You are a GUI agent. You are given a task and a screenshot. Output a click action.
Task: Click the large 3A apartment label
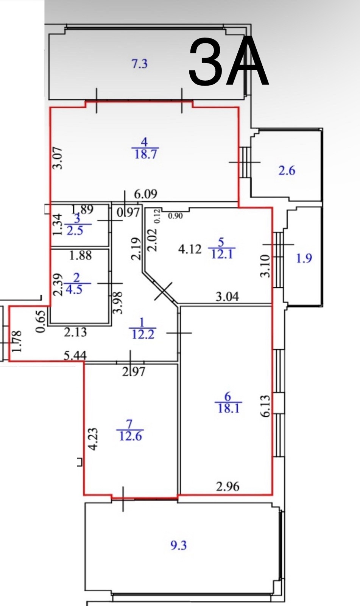(229, 62)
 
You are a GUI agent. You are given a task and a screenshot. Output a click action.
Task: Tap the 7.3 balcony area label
(139, 64)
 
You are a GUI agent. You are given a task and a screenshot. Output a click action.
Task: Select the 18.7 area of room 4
(145, 155)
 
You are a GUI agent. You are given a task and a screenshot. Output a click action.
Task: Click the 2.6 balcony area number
(287, 171)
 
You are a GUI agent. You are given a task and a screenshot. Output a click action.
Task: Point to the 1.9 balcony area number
(304, 258)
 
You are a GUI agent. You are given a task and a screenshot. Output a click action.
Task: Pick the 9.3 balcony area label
(178, 545)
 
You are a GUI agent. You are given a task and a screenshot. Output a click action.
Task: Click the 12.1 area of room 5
(221, 254)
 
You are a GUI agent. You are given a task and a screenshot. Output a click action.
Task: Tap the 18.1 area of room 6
(228, 408)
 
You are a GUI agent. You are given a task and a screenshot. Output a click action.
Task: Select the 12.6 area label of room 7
(130, 436)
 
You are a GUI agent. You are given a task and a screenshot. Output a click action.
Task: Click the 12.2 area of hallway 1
(142, 334)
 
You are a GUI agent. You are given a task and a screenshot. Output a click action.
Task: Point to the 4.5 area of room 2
(74, 290)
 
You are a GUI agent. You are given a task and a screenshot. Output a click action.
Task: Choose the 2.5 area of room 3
(75, 230)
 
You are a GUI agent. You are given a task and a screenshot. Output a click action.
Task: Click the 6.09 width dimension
(146, 194)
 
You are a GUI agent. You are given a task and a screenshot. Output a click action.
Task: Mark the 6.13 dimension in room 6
(266, 406)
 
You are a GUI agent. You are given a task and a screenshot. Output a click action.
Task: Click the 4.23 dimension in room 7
(93, 439)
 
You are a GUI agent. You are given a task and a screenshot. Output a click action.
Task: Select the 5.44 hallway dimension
(75, 355)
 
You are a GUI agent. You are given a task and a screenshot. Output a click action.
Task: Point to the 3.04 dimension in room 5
(227, 296)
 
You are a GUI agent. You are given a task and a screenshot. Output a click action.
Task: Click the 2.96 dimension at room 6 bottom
(228, 486)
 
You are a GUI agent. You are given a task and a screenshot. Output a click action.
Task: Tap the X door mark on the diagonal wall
(163, 291)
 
